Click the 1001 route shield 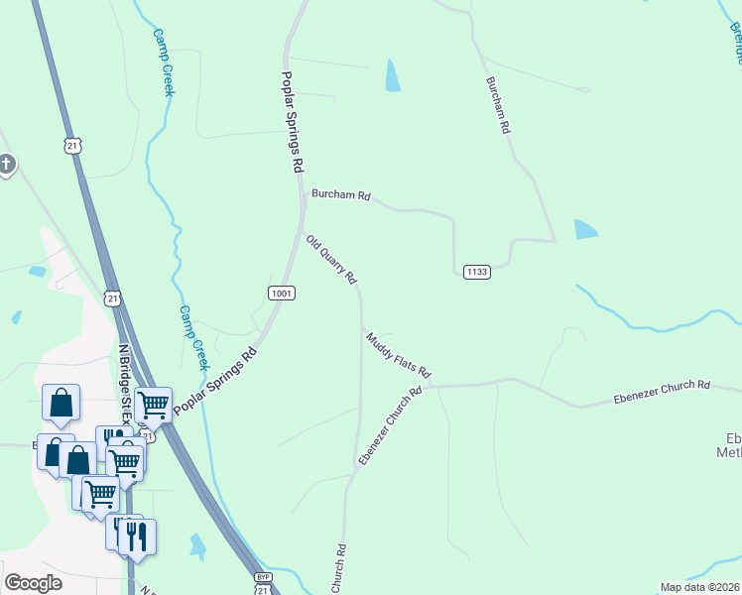tap(281, 293)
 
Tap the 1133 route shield tap(476, 272)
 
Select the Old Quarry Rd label tap(331, 260)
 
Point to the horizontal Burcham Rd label tap(340, 195)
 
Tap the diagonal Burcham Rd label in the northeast tap(498, 105)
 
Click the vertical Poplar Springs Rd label tap(291, 123)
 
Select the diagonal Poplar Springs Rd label tap(215, 381)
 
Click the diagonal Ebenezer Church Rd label tap(390, 425)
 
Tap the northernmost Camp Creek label tap(164, 61)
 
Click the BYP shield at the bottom tap(263, 576)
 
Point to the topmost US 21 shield tap(72, 146)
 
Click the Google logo tap(33, 583)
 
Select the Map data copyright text tap(699, 587)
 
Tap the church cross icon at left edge tap(6, 164)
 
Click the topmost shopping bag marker tap(61, 403)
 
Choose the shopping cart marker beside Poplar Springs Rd tap(153, 404)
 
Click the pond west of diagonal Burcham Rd tap(393, 75)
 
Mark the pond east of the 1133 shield tap(586, 230)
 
